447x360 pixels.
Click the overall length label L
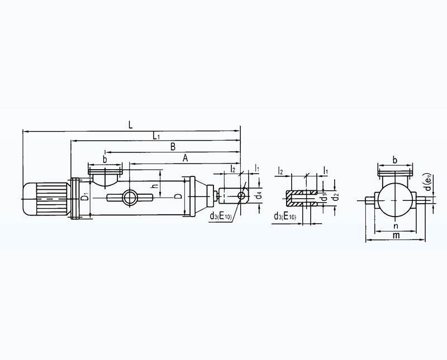[130, 125]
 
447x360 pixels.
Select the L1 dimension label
[156, 136]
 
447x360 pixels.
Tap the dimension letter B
[173, 147]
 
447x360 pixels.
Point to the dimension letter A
[186, 158]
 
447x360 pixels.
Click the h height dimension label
[155, 185]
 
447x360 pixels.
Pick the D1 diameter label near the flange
[84, 197]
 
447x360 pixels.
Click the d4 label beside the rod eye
[258, 196]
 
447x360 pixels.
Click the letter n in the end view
[396, 227]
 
